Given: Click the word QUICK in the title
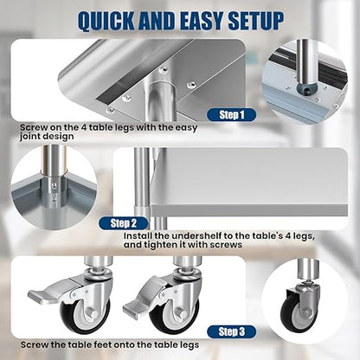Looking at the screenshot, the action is coord(106,22).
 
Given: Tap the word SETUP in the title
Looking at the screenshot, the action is coord(256,21).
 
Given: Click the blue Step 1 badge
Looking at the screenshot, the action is coord(232,115).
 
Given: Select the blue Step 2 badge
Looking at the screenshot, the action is coord(124,223).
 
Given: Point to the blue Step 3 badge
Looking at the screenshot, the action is coord(232,331).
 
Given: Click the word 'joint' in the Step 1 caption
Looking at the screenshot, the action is coord(31,137).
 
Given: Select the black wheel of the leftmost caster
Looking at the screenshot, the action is coord(85,316).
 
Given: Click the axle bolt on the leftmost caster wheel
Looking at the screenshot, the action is coord(91,312).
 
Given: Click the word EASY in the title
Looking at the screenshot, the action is coord(202,21).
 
